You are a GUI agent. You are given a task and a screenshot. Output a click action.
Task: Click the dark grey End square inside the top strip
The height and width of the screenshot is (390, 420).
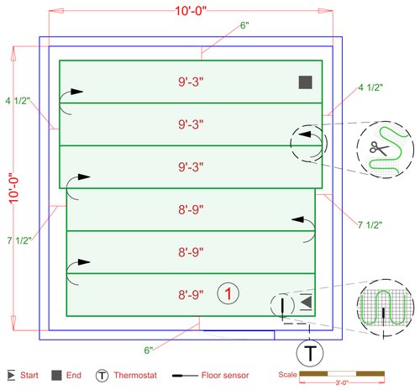305,82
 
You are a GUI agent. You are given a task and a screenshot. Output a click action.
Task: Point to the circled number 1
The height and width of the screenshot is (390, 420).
228,293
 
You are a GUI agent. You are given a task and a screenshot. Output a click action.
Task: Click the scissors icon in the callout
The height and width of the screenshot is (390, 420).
375,149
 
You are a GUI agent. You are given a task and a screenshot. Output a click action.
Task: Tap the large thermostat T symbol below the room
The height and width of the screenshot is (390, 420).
311,351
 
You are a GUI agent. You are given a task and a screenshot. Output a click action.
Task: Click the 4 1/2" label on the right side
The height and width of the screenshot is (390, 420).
370,87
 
